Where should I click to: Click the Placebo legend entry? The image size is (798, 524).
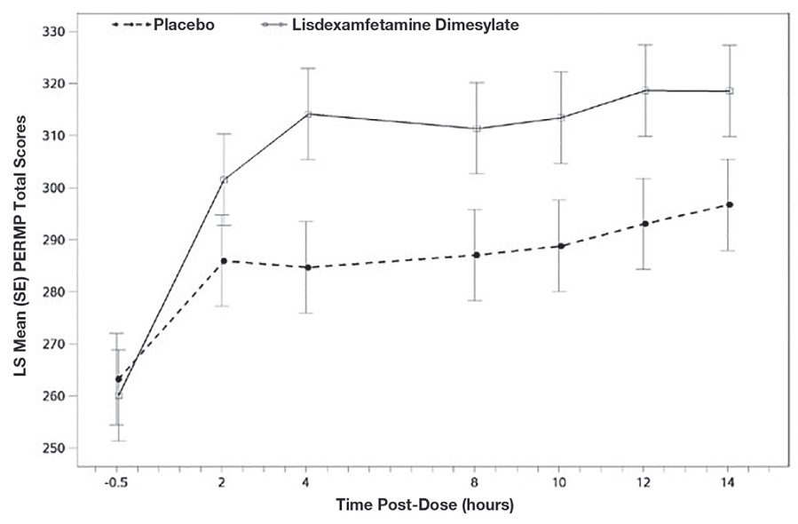point(185,25)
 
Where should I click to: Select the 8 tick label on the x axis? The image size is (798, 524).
point(477,484)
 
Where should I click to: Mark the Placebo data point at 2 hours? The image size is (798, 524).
point(224,261)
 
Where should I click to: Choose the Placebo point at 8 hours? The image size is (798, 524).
point(477,255)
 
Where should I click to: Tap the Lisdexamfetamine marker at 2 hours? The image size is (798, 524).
point(224,179)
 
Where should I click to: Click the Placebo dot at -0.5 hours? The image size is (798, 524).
point(119,378)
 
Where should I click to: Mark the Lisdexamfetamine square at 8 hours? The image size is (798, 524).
point(477,129)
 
